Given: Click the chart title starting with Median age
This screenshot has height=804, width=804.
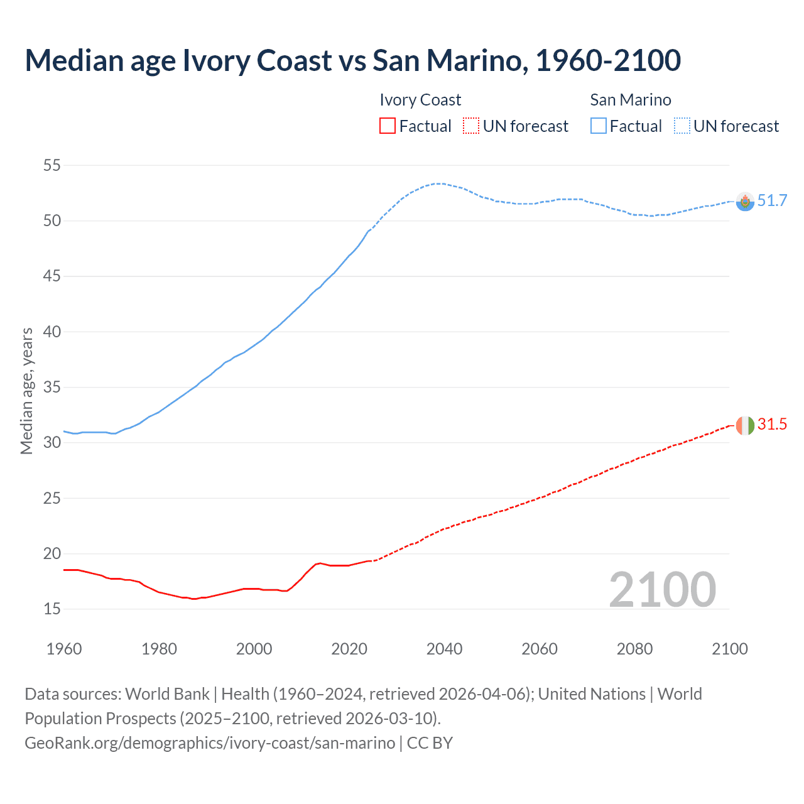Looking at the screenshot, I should tap(352, 60).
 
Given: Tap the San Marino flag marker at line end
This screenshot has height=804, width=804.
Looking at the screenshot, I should tap(745, 202).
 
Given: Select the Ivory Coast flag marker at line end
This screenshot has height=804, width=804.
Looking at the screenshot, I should tap(745, 425).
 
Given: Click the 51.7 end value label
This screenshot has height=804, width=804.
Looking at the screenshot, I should tap(772, 201).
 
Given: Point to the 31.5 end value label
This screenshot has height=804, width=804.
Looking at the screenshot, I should tap(772, 425).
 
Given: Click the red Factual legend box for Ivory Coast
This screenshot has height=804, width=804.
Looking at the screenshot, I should tap(388, 126).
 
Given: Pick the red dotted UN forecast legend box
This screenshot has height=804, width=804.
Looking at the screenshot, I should tap(471, 126).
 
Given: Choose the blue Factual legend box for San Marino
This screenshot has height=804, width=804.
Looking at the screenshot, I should tap(599, 126).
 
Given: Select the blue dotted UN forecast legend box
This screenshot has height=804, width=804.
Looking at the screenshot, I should tap(682, 126).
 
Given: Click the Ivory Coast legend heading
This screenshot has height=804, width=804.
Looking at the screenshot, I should tap(420, 100).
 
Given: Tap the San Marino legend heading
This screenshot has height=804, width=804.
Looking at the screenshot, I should tap(631, 100).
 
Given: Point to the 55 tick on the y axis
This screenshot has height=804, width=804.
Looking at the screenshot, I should tap(52, 166).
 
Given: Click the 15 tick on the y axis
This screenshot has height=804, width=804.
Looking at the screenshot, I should tap(52, 609).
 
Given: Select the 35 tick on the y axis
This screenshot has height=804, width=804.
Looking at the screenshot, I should tap(52, 388).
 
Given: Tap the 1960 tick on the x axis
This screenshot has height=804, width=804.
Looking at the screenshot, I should tap(64, 649).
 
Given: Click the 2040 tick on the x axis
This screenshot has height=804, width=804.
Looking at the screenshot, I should tap(444, 649).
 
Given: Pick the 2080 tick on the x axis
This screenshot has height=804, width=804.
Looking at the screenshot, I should tap(634, 649).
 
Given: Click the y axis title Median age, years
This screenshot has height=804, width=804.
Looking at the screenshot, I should tap(26, 391).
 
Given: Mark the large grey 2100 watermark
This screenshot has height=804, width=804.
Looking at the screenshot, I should tap(662, 590).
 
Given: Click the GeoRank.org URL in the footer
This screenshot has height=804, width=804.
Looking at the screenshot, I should tap(210, 743).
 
